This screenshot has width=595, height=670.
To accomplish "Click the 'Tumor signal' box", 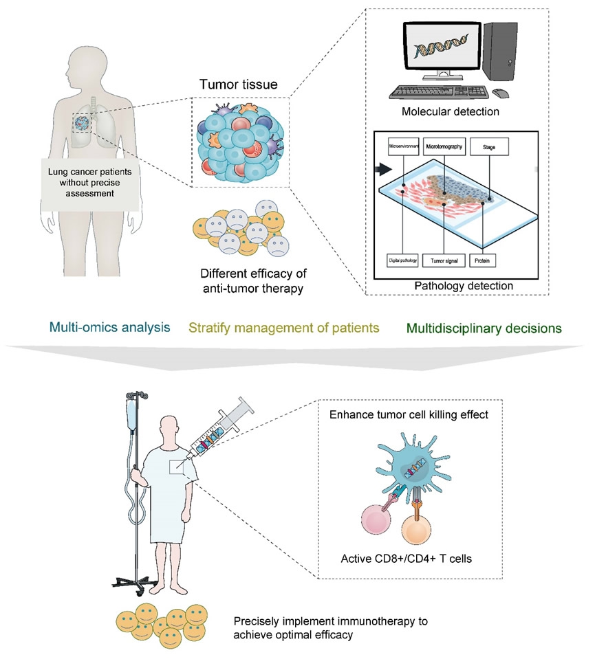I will pyautogui.click(x=444, y=261).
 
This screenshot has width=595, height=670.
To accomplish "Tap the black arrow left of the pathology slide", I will pyautogui.click(x=383, y=169).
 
